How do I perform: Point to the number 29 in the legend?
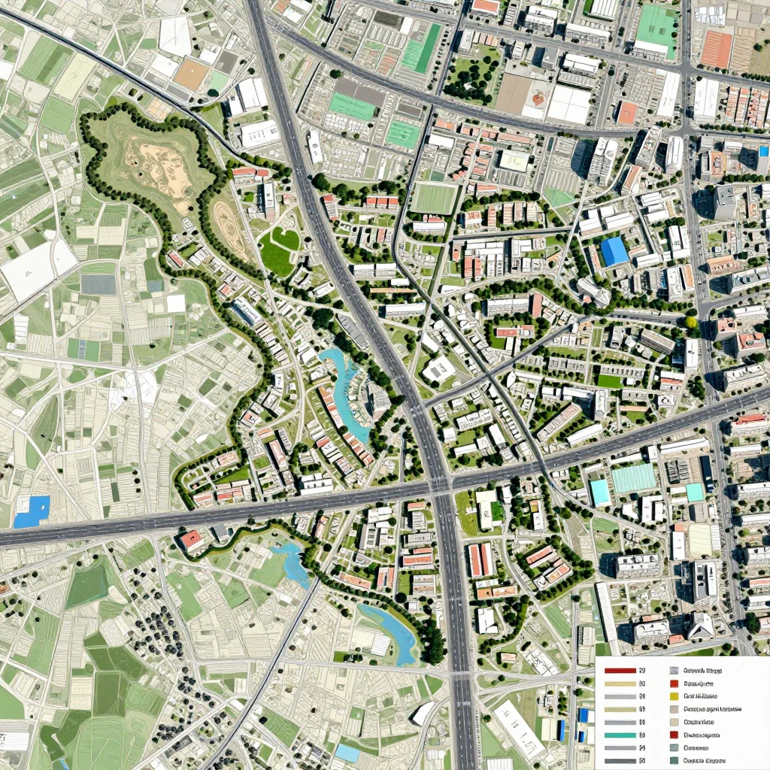pos(642,670)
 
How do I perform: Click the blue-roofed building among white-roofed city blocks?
pos(614,251)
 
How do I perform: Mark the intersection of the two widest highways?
pos(440,485)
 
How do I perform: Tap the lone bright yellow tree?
pos(691,323)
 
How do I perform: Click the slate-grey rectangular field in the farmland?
pos(98,284)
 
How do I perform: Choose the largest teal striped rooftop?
pos(633,478)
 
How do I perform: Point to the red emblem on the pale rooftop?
pos(538,99)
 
